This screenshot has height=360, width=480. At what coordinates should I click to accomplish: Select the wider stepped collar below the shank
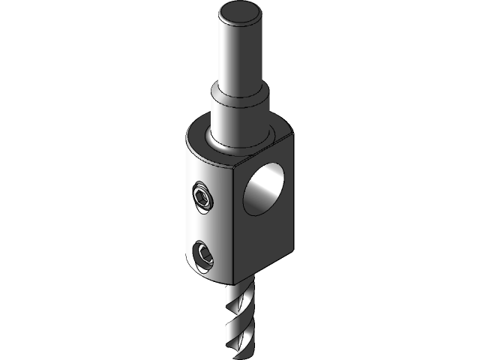point(238,112)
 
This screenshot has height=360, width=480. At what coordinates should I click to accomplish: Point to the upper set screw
point(202,198)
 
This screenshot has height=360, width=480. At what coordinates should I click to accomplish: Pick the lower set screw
point(202,256)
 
